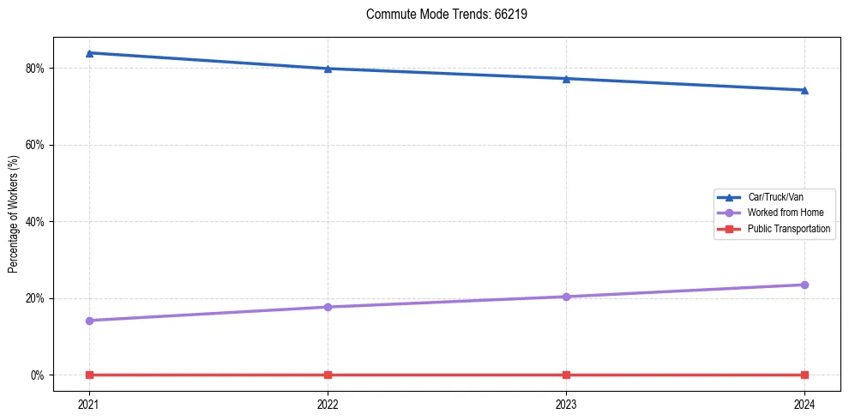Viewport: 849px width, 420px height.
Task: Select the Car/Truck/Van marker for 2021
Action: [89, 53]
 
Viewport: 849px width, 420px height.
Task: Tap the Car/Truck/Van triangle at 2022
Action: [328, 69]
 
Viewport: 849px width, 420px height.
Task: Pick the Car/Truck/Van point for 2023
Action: [566, 79]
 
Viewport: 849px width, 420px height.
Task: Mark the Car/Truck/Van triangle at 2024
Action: [804, 90]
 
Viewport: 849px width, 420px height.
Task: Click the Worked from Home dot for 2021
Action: [89, 321]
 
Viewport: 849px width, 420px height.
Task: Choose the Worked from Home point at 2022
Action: [328, 307]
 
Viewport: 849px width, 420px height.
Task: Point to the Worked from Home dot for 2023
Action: [566, 297]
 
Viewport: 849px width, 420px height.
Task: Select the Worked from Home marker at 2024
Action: [804, 285]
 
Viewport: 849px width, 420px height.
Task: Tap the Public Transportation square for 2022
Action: [328, 375]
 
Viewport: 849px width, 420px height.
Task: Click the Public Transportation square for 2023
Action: [566, 375]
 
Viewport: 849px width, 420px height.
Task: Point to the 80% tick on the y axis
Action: [38, 69]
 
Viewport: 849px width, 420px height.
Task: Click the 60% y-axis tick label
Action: [38, 145]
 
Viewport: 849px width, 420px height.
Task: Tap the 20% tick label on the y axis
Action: [38, 298]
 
